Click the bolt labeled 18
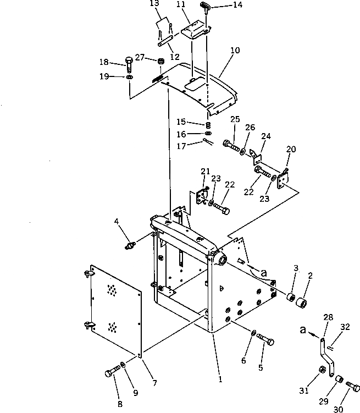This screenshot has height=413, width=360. point(129,64)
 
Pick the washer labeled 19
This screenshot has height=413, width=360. point(129,77)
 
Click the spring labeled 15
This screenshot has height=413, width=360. point(208,125)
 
